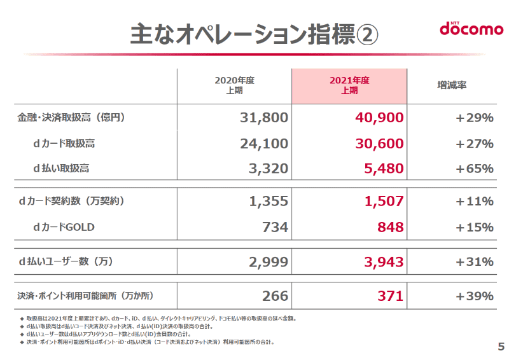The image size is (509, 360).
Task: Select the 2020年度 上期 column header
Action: click(x=234, y=85)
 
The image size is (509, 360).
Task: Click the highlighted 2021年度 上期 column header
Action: click(x=349, y=85)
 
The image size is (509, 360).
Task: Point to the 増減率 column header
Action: click(x=452, y=85)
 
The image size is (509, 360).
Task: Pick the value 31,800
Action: click(x=264, y=118)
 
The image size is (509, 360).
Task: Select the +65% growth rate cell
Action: click(x=475, y=169)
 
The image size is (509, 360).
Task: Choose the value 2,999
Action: click(x=268, y=261)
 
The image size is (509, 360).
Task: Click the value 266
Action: click(x=275, y=296)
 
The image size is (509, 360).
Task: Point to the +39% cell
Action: click(x=475, y=296)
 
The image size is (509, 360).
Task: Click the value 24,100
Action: click(x=264, y=143)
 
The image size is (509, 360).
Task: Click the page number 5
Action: click(x=500, y=347)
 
